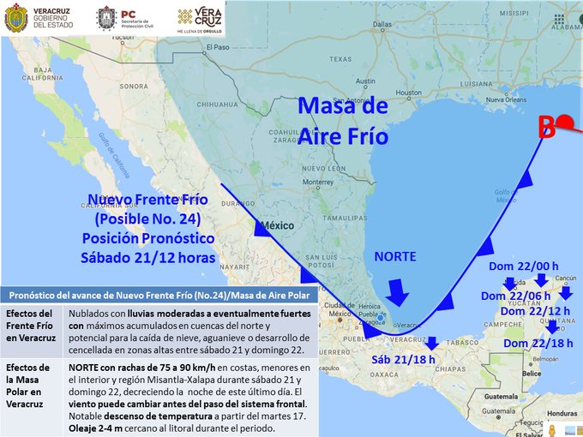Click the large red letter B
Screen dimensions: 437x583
pyautogui.click(x=546, y=128)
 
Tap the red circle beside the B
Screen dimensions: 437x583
pyautogui.click(x=564, y=125)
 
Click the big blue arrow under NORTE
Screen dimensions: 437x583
pyautogui.click(x=396, y=290)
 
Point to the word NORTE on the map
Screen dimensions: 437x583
pyautogui.click(x=395, y=256)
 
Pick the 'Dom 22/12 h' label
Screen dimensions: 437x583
pyautogui.click(x=535, y=311)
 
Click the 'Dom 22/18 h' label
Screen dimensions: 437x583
pyautogui.click(x=538, y=344)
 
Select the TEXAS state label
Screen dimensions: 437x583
pyautogui.click(x=340, y=59)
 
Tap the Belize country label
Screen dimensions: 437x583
pyautogui.click(x=532, y=374)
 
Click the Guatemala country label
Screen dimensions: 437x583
pyautogui.click(x=502, y=398)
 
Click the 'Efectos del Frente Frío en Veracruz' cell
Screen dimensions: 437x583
pyautogui.click(x=33, y=325)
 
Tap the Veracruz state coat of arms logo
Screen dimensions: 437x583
pyautogui.click(x=15, y=19)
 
